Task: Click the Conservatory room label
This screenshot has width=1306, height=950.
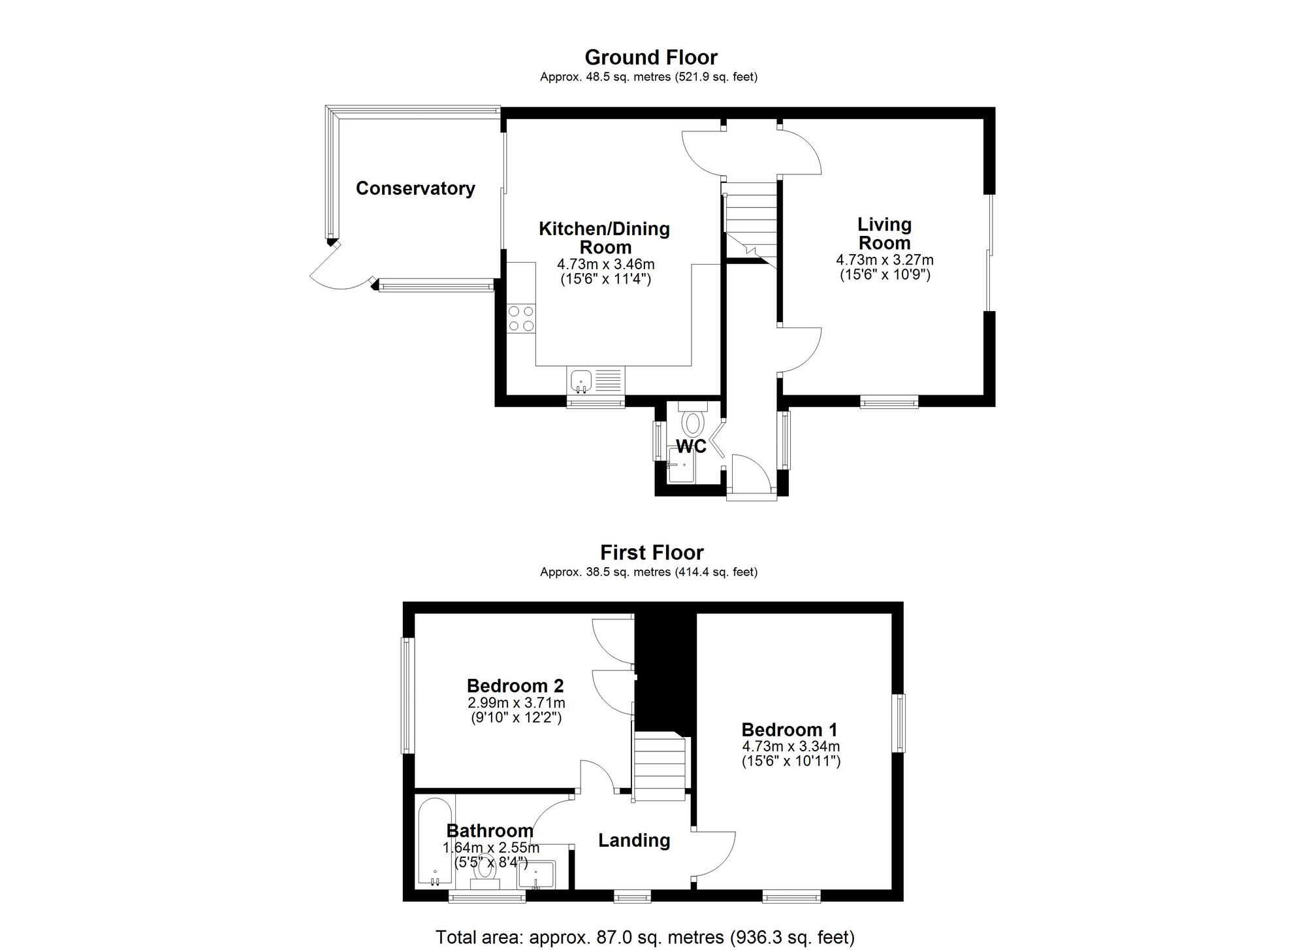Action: (415, 189)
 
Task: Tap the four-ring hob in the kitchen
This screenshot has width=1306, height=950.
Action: (521, 318)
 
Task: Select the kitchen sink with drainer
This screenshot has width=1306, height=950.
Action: (596, 381)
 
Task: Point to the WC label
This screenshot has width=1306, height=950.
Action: (691, 447)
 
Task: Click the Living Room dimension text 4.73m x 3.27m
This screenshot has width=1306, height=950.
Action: (885, 260)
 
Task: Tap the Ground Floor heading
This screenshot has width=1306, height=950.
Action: (650, 57)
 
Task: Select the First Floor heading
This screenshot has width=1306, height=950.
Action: (652, 553)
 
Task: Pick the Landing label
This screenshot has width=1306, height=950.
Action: (634, 840)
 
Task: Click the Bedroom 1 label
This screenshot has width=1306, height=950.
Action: (789, 730)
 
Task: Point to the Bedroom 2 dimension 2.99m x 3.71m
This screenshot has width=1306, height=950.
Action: (516, 703)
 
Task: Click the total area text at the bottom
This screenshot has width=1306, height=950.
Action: (645, 938)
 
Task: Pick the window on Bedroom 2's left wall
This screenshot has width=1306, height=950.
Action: (408, 695)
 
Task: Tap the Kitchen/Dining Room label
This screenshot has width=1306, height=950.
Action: (605, 238)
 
